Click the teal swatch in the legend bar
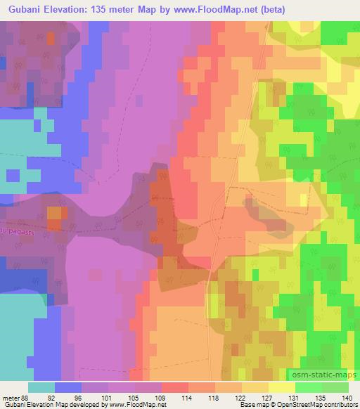(x=41, y=387)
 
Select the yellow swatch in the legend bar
(x=281, y=387)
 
